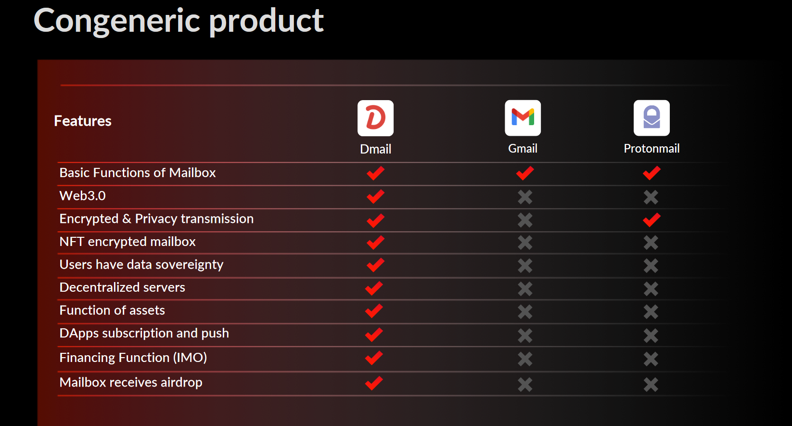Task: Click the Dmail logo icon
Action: pos(375,118)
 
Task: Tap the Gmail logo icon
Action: pos(523,118)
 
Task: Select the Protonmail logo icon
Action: pos(651,118)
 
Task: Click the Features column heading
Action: pos(83,121)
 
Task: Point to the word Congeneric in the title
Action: pos(117,21)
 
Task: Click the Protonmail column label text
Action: pos(651,149)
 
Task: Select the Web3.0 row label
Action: pos(82,195)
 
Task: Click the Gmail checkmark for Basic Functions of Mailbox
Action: pos(525,173)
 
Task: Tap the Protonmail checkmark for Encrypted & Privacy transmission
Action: pos(651,219)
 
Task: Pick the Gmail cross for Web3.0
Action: pos(525,197)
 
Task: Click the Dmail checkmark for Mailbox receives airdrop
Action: pos(374,383)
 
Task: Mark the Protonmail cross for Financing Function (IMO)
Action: pos(651,359)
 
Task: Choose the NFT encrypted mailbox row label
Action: pos(128,242)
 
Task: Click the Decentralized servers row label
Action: pos(122,287)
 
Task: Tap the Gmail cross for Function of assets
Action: pos(525,312)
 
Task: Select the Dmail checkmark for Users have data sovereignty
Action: pos(375,265)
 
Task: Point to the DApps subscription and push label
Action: pos(144,333)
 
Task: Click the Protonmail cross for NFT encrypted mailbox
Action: pos(651,243)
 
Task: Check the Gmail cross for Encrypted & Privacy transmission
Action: pos(525,220)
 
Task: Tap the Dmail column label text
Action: pos(375,149)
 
